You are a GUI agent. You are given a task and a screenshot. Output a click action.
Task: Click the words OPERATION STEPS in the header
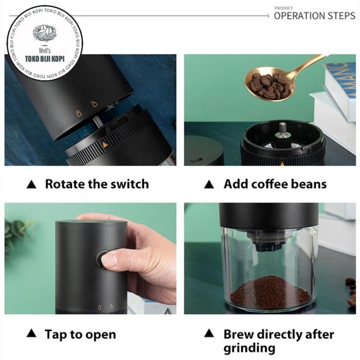(x=315, y=16)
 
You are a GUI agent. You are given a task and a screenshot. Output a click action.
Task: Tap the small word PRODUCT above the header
(x=283, y=8)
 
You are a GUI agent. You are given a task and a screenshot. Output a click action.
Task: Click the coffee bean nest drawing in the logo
(x=45, y=32)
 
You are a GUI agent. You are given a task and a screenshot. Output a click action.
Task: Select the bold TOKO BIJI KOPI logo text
(x=45, y=59)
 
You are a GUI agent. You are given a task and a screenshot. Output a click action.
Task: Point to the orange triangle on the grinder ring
(x=105, y=145)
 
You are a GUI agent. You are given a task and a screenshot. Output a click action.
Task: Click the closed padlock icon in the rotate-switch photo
(x=79, y=113)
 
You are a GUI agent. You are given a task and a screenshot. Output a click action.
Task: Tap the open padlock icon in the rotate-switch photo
(x=94, y=103)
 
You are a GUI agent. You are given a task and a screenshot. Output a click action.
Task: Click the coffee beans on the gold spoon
(x=269, y=86)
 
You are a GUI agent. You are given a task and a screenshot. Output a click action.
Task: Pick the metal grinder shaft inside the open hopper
(x=283, y=131)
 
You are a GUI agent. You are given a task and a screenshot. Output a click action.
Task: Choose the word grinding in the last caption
(x=249, y=348)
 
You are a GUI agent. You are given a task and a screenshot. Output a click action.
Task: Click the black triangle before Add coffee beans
(x=209, y=184)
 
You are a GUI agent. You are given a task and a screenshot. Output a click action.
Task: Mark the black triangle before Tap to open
(x=31, y=333)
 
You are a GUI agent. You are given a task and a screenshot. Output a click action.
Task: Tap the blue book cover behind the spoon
(x=340, y=78)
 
